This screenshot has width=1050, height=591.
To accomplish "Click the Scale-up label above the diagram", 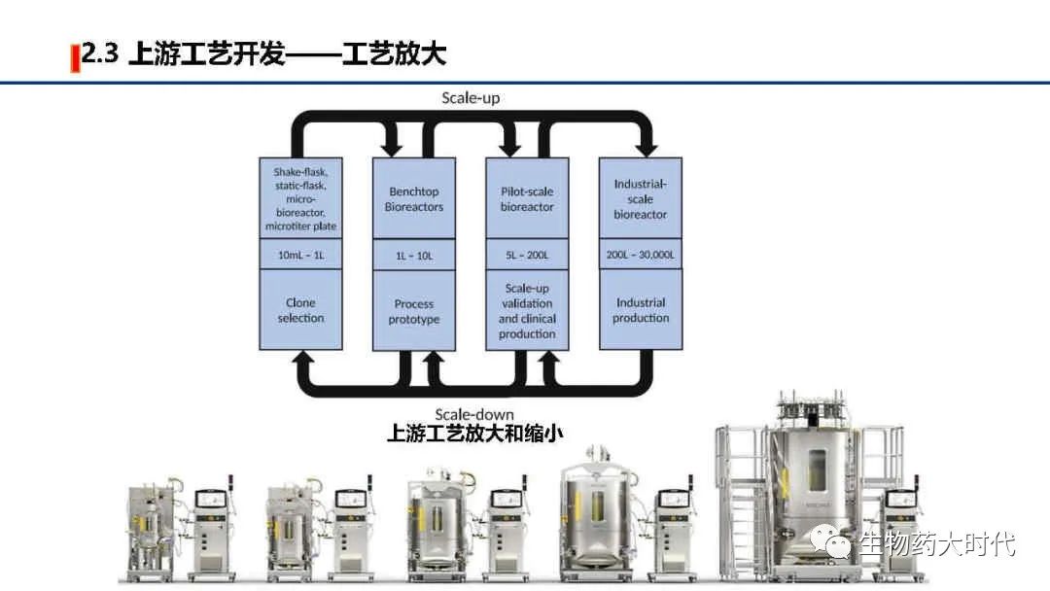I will click(471, 97).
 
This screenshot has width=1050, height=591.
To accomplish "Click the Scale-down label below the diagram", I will click(474, 414).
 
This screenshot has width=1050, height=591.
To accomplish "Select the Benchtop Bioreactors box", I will click(414, 198).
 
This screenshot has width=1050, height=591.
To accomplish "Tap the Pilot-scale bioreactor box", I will click(527, 198).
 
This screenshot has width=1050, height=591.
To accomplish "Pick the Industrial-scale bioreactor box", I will click(640, 198).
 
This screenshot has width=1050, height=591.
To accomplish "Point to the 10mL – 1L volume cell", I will click(300, 255).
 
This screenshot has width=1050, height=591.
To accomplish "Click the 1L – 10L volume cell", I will click(414, 256).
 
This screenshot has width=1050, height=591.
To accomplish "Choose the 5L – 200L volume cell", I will click(527, 256).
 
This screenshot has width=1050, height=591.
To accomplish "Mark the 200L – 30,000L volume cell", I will click(640, 255).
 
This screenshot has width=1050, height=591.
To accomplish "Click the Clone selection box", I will click(300, 310).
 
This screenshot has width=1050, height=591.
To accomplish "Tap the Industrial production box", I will click(640, 310).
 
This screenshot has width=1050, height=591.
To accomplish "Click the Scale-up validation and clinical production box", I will click(527, 310).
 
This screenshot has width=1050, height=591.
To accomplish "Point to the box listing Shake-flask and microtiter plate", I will click(300, 198).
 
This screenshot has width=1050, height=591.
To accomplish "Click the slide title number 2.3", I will click(100, 54).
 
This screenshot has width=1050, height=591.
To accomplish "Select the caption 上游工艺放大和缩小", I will click(474, 434).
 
